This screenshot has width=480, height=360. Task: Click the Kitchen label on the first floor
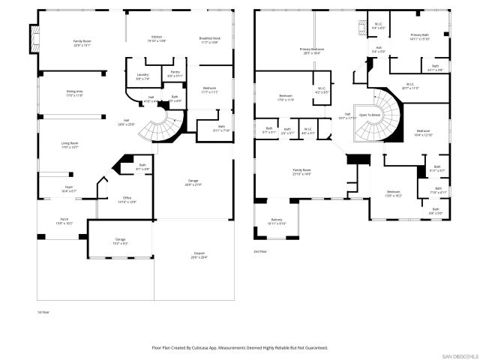[156, 37]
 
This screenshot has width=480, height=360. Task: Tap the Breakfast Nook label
[209, 37]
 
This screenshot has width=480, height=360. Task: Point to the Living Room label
[69, 144]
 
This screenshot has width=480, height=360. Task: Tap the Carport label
[198, 255]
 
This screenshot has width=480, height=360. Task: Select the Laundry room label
[142, 75]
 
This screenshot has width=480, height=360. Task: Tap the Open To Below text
[368, 115]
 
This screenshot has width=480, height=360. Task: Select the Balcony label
[277, 220]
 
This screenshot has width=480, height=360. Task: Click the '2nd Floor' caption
[260, 251]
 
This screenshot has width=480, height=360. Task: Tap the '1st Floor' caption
[42, 311]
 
